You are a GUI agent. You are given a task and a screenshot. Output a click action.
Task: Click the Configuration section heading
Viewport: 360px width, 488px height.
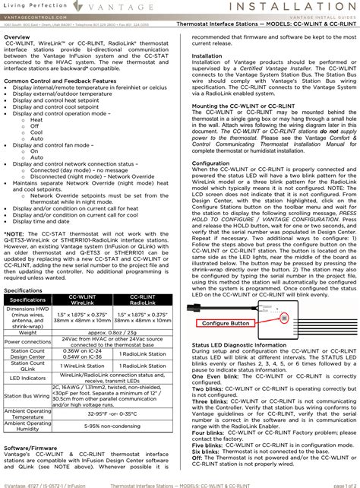211,163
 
